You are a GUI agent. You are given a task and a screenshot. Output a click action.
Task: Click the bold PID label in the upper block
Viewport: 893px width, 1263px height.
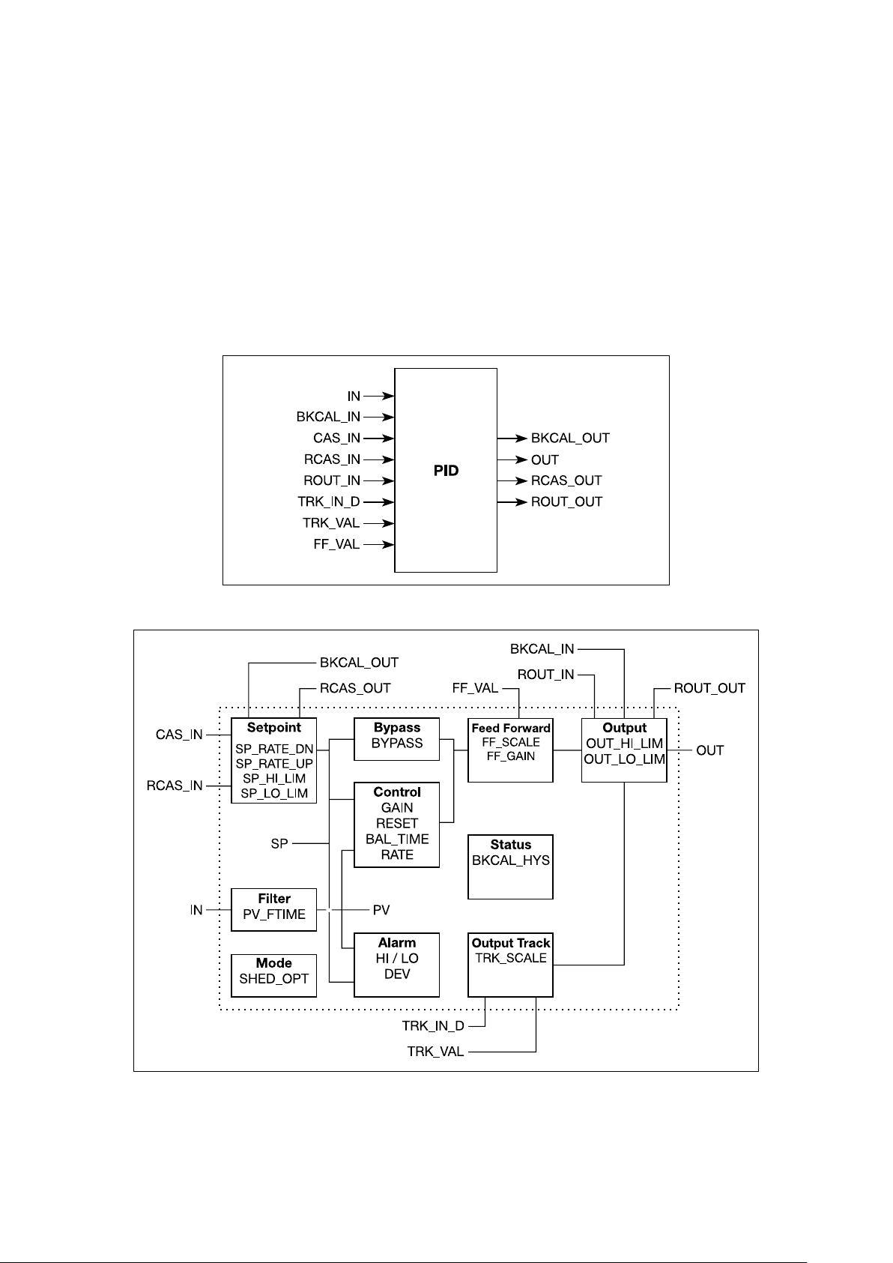pyautogui.click(x=446, y=470)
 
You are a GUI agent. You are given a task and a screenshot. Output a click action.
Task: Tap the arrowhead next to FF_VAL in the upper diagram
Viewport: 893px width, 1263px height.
pyautogui.click(x=387, y=545)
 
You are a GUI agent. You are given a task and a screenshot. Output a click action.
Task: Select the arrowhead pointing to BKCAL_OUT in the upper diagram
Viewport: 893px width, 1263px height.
pyautogui.click(x=521, y=438)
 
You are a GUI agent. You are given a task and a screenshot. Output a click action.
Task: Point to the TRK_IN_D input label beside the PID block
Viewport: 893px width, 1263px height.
pyautogui.click(x=328, y=501)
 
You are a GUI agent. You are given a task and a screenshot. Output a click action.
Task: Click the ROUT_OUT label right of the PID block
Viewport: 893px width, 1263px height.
pyautogui.click(x=566, y=501)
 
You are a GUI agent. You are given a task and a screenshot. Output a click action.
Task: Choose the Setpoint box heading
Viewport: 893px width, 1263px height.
pyautogui.click(x=273, y=727)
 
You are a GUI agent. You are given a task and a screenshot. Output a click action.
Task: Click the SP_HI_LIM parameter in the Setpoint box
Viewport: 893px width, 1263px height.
pyautogui.click(x=273, y=779)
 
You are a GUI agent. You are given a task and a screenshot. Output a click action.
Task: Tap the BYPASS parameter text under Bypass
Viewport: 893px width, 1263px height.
pyautogui.click(x=396, y=743)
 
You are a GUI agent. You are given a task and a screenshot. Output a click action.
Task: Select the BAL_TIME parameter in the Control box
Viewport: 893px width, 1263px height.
pyautogui.click(x=396, y=839)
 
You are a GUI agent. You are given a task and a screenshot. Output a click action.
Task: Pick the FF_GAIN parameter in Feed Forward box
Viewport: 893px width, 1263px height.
pyautogui.click(x=510, y=756)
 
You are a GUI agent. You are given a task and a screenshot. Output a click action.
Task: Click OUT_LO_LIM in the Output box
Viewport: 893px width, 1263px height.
pyautogui.click(x=624, y=759)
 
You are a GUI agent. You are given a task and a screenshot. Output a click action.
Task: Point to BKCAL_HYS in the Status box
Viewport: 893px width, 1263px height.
pyautogui.click(x=510, y=860)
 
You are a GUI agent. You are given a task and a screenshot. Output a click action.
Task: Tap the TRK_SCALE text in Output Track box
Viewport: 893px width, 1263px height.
pyautogui.click(x=510, y=958)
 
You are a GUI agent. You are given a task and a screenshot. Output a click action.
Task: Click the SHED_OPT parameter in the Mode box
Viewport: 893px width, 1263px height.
pyautogui.click(x=273, y=979)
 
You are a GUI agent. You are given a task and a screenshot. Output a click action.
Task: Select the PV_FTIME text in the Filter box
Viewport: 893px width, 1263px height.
pyautogui.click(x=273, y=914)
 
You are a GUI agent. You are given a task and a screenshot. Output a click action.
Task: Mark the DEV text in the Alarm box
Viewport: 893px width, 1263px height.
pyautogui.click(x=396, y=974)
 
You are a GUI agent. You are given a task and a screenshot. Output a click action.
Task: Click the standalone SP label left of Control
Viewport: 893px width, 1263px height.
pyautogui.click(x=279, y=843)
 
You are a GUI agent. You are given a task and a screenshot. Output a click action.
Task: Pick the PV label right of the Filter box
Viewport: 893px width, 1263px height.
pyautogui.click(x=381, y=909)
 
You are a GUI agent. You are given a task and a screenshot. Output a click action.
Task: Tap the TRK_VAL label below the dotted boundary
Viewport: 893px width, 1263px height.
pyautogui.click(x=435, y=1052)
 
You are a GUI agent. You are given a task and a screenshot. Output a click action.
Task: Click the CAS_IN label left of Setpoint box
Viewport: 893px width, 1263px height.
pyautogui.click(x=179, y=735)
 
